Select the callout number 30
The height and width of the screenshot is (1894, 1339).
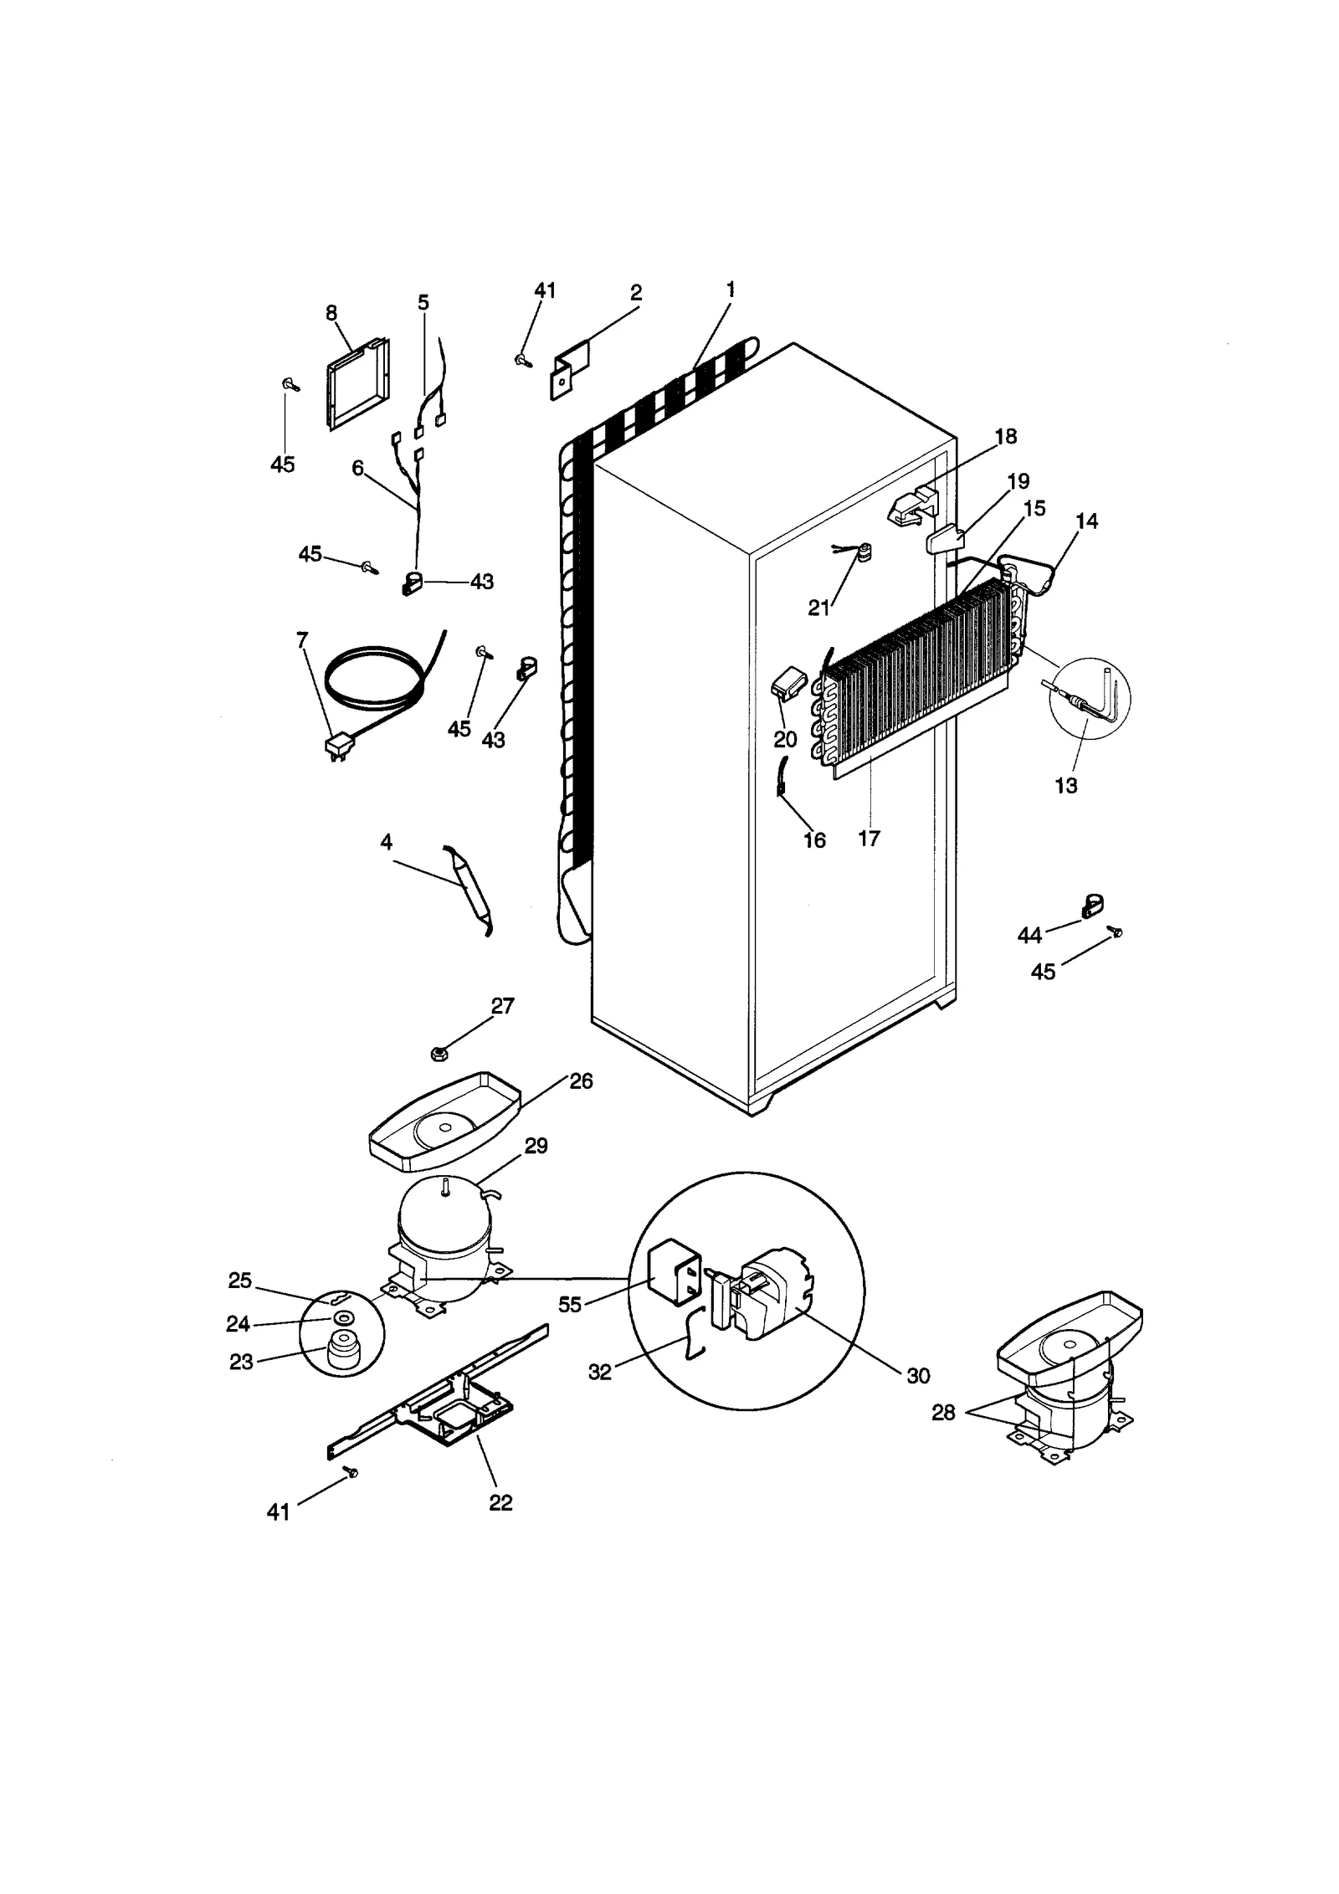(917, 1375)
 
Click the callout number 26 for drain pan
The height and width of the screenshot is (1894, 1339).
(581, 1081)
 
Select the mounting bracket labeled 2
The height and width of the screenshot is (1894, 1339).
(570, 371)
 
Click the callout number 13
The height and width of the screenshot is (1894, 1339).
(1065, 785)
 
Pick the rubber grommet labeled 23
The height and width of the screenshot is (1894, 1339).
(340, 1355)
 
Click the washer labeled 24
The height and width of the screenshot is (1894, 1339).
(341, 1319)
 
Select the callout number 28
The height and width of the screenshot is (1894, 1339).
(943, 1413)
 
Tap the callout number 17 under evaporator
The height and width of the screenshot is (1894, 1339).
(869, 838)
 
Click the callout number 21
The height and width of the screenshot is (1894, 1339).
(818, 608)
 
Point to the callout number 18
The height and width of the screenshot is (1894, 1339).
(1005, 436)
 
